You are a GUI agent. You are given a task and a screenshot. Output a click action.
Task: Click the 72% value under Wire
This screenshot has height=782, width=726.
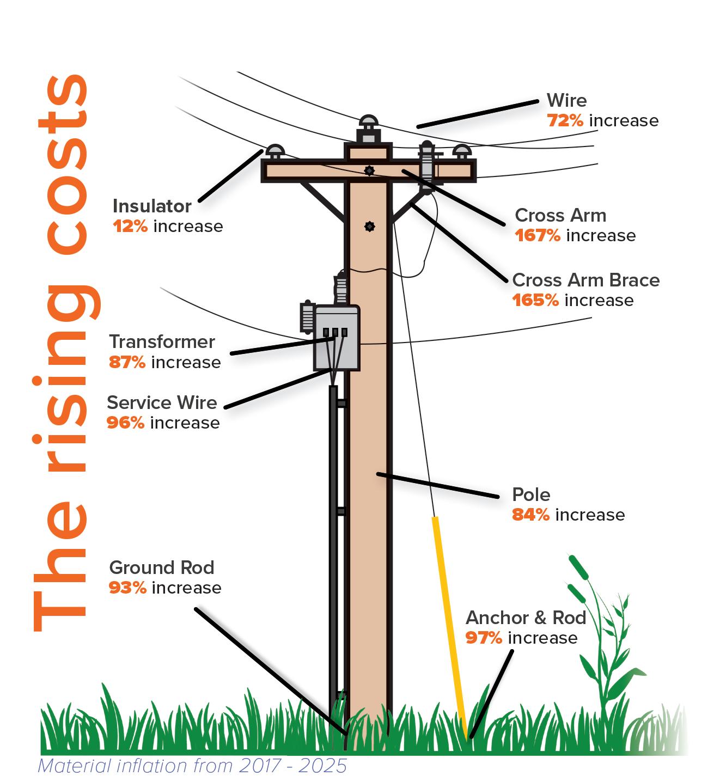[565, 120]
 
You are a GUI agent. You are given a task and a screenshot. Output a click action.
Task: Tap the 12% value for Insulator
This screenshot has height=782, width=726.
[130, 226]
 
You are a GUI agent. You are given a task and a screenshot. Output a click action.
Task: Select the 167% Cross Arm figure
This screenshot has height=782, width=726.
[537, 235]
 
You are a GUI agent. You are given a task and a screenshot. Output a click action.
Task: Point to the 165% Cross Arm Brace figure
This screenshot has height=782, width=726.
[535, 300]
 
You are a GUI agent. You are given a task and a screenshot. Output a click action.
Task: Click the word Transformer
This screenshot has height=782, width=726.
[162, 341]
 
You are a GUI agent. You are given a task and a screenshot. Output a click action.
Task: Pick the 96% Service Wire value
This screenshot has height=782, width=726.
[125, 423]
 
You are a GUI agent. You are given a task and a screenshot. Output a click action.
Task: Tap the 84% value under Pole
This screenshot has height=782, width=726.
[530, 515]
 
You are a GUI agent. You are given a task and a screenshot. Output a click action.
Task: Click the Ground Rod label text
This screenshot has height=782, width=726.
[162, 567]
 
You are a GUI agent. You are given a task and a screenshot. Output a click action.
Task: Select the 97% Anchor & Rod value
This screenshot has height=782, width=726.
[484, 638]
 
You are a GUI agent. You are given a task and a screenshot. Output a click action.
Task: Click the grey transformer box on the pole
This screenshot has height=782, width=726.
[337, 338]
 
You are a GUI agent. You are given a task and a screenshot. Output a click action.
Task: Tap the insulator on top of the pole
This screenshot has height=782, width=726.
[368, 129]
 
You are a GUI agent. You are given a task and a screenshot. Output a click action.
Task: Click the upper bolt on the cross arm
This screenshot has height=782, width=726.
[369, 171]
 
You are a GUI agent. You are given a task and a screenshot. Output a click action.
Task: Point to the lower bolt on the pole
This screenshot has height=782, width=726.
[369, 226]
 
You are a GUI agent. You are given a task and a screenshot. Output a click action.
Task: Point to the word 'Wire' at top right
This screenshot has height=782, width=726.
[566, 100]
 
